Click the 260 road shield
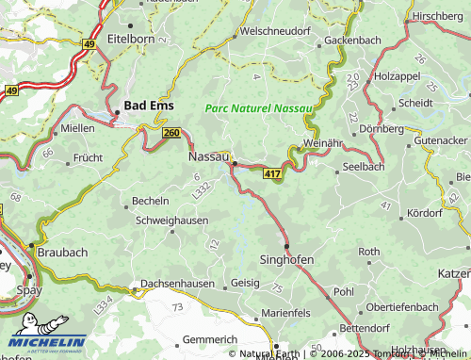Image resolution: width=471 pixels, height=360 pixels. click(171, 133)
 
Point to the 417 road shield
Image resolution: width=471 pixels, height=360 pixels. click(272, 175)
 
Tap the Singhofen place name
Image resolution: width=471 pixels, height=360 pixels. click(286, 258)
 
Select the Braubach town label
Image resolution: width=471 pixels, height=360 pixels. click(62, 253)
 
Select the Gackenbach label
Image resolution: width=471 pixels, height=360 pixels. click(352, 41)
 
